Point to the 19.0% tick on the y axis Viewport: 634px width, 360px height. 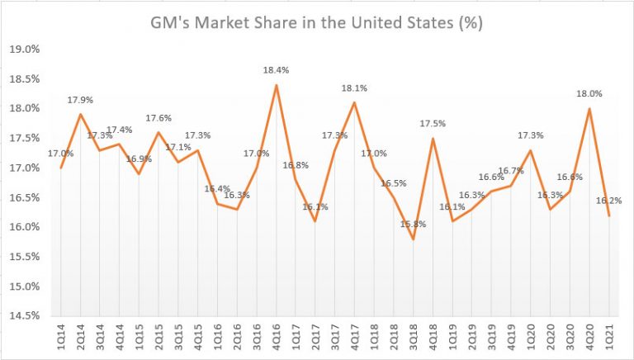(26, 50)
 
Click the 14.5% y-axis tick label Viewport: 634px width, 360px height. (26, 316)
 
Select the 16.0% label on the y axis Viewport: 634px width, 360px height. (26, 227)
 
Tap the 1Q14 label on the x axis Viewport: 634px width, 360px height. (61, 339)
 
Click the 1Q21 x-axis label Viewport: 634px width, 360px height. (609, 339)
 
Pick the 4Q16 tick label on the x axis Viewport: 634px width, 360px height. (277, 339)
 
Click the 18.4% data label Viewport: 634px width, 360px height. (278, 73)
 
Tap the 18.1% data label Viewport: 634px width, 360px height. (354, 88)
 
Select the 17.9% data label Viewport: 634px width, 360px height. (80, 100)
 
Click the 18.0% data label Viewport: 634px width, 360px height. (589, 94)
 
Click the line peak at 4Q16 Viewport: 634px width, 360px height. (277, 85)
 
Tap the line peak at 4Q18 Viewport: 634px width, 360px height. (433, 138)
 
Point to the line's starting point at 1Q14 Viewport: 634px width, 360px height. (61, 168)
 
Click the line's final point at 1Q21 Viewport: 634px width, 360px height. (609, 216)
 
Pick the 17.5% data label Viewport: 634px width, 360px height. (432, 125)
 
